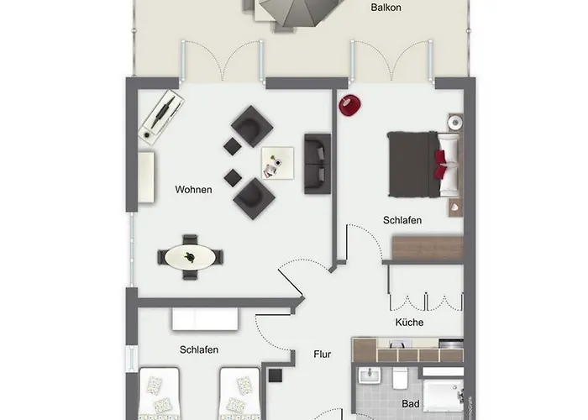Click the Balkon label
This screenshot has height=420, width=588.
coord(386,8)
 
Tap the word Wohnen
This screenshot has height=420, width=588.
coord(193,190)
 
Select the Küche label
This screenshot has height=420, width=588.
coord(410,323)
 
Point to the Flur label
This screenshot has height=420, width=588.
coord(322,354)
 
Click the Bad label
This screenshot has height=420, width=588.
coord(411,404)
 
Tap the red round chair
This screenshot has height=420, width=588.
coord(350,105)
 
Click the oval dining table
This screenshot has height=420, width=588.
coord(191,257)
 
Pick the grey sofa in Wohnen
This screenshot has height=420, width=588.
coord(318,164)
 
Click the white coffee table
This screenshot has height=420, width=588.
coord(277,163)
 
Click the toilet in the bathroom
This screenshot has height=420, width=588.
coord(400,378)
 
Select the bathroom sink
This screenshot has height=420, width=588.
coord(370,375)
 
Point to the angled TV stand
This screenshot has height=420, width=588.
coord(161,117)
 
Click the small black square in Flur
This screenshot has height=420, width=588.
coord(276,375)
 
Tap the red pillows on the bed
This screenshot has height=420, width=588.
coord(441,165)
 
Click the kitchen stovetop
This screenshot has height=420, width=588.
coord(451,344)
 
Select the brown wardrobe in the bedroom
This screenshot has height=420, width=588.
coord(428,248)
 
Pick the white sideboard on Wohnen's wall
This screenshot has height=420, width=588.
coord(146,177)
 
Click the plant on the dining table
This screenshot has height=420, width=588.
coord(190,257)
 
